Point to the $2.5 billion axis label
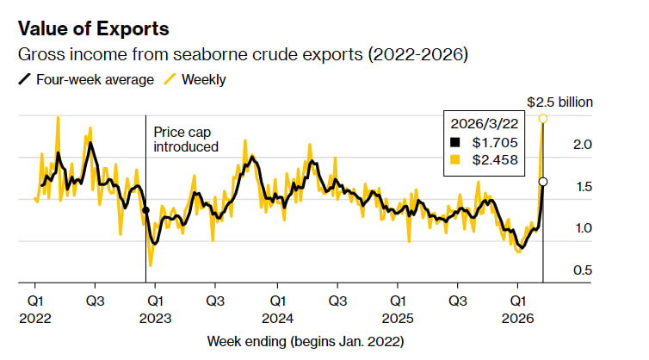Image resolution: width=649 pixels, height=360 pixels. point(559,102)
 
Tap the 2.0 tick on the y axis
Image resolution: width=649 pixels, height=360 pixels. point(583,145)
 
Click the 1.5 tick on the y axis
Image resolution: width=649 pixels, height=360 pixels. point(583,187)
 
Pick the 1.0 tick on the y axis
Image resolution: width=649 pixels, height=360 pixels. point(583,229)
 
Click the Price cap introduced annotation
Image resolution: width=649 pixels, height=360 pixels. point(186,140)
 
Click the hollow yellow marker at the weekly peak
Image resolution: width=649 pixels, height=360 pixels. point(543,118)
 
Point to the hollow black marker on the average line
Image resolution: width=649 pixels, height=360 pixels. point(543,182)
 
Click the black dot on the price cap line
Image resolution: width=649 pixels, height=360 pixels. point(145,210)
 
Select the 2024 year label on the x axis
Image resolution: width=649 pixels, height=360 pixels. point(276,317)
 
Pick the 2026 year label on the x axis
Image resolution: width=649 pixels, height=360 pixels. point(517,317)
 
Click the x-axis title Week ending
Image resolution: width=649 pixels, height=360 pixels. point(305,341)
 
